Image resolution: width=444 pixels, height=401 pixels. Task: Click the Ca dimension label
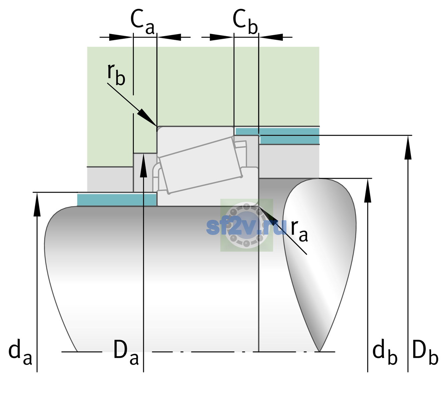tap(143, 22)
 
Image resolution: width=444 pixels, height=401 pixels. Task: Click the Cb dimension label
tap(245, 22)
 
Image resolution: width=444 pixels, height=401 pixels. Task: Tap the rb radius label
tap(116, 74)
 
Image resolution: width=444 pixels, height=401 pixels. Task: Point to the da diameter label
tap(20, 352)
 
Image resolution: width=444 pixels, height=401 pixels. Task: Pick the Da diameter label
tap(126, 352)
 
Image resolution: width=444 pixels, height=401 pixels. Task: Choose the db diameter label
tap(385, 352)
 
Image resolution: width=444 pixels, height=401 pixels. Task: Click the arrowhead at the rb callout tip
tap(147, 118)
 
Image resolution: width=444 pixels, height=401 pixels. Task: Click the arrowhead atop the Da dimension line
tap(144, 165)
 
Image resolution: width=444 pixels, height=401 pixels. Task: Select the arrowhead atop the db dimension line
tap(368, 190)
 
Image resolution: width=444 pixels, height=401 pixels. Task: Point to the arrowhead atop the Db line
tap(408, 147)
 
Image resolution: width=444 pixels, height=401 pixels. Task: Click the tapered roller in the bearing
tap(200, 165)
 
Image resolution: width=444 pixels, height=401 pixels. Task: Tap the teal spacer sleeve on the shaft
tap(117, 199)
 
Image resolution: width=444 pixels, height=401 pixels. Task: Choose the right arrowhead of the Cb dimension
tap(271, 37)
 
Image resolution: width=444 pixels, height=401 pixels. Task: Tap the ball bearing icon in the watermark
tap(247, 225)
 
